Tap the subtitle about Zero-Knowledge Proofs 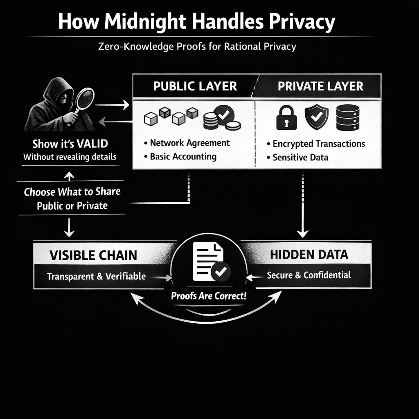197,46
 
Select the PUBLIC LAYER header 195,86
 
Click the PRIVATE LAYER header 320,86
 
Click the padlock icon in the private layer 286,118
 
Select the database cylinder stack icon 347,117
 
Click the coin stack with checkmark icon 221,118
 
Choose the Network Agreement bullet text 189,143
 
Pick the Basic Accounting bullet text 183,156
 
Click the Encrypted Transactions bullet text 318,144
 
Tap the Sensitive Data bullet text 300,157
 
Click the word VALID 94,144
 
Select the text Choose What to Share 72,192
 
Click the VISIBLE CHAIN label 93,255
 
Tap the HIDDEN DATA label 309,255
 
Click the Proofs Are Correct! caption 209,296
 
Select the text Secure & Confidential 309,275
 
